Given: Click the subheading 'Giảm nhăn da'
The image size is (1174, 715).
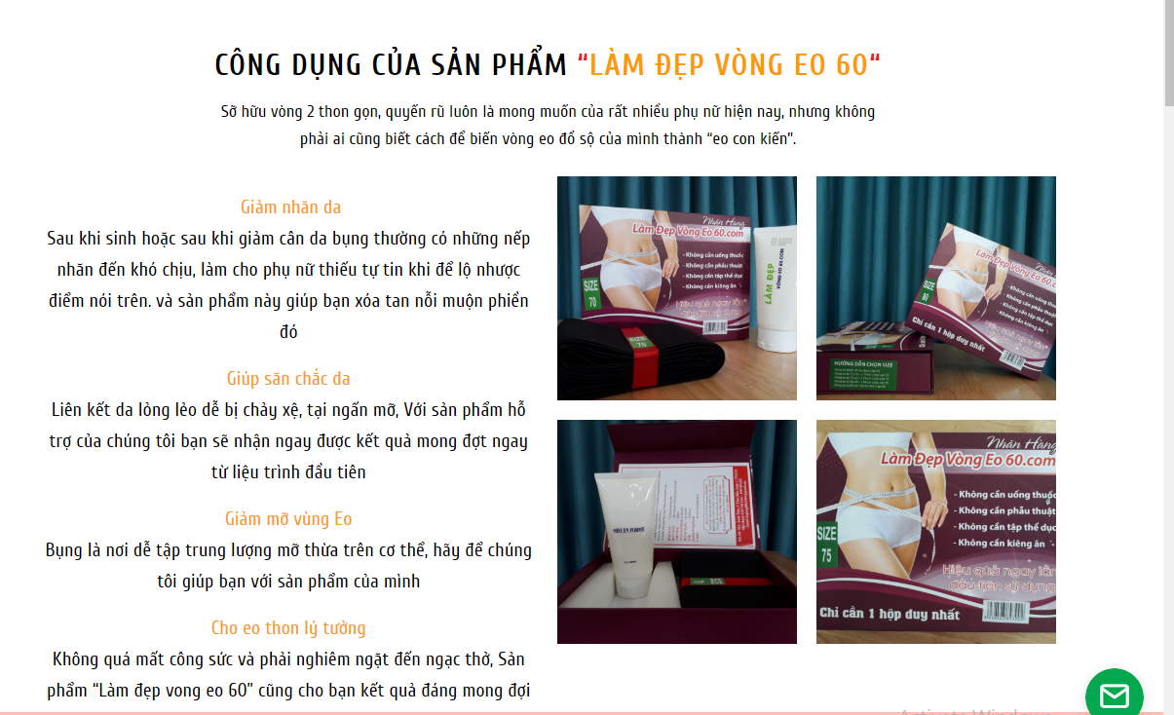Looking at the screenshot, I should [x=290, y=207].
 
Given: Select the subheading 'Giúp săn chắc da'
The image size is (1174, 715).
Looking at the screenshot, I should [x=288, y=379].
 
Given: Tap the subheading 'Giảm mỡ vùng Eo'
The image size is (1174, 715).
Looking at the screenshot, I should [x=288, y=519].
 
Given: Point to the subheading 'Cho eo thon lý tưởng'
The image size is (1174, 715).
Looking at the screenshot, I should [x=288, y=628].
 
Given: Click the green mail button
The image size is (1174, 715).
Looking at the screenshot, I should [x=1114, y=695].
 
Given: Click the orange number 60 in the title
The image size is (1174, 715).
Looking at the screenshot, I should [x=852, y=65].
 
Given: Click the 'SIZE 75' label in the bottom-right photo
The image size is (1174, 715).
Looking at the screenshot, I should [x=827, y=545].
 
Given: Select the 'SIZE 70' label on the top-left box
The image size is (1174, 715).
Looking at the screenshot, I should [x=591, y=292].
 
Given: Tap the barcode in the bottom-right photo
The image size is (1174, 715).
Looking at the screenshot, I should [x=1006, y=610].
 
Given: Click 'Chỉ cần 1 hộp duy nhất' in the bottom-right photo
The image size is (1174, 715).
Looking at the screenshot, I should [x=890, y=615].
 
